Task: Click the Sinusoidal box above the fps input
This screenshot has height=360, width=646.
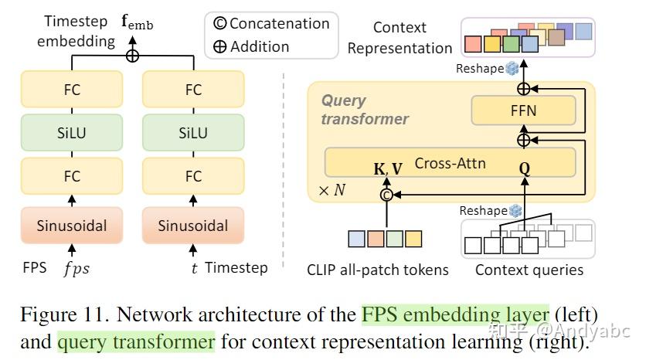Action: [72, 226]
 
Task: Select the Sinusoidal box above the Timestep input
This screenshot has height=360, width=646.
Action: [193, 226]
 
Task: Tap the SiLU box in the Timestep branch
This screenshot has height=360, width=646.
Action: [193, 133]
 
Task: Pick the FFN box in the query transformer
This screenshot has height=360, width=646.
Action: [523, 110]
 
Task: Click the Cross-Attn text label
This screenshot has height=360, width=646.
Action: [450, 163]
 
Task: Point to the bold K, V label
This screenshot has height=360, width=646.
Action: [388, 169]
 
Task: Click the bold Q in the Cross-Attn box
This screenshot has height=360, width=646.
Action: [525, 168]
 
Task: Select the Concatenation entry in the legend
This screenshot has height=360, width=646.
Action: [271, 23]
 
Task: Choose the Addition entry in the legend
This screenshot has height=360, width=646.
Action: [251, 46]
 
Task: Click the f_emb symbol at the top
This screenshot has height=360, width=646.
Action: [138, 22]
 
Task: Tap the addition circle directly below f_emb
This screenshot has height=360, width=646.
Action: [132, 56]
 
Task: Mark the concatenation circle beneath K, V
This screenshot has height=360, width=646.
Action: [386, 195]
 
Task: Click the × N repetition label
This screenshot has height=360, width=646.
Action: [331, 190]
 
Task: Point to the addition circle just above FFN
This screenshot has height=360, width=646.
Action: [523, 89]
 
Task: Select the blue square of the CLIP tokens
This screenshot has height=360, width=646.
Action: [356, 239]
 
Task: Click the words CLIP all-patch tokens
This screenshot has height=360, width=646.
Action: [378, 270]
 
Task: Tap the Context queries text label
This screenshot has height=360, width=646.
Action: [529, 270]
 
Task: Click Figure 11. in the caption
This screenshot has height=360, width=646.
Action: [65, 314]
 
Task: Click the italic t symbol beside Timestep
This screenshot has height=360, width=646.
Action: [194, 268]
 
